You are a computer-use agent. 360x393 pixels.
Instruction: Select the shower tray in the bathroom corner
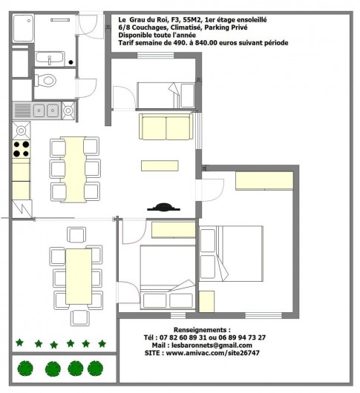pos(22,30)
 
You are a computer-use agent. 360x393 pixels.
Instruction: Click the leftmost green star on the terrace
pos(19,343)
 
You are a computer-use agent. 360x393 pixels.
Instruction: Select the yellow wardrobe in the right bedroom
pos(264,181)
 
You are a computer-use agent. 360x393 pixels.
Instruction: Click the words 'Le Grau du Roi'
pos(144,20)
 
